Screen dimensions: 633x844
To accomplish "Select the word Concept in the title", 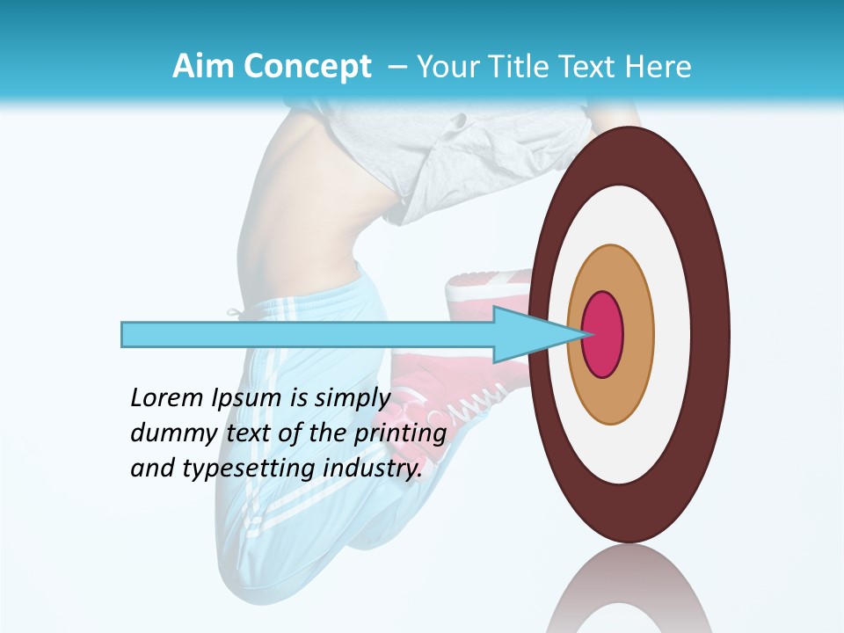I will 306,67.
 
